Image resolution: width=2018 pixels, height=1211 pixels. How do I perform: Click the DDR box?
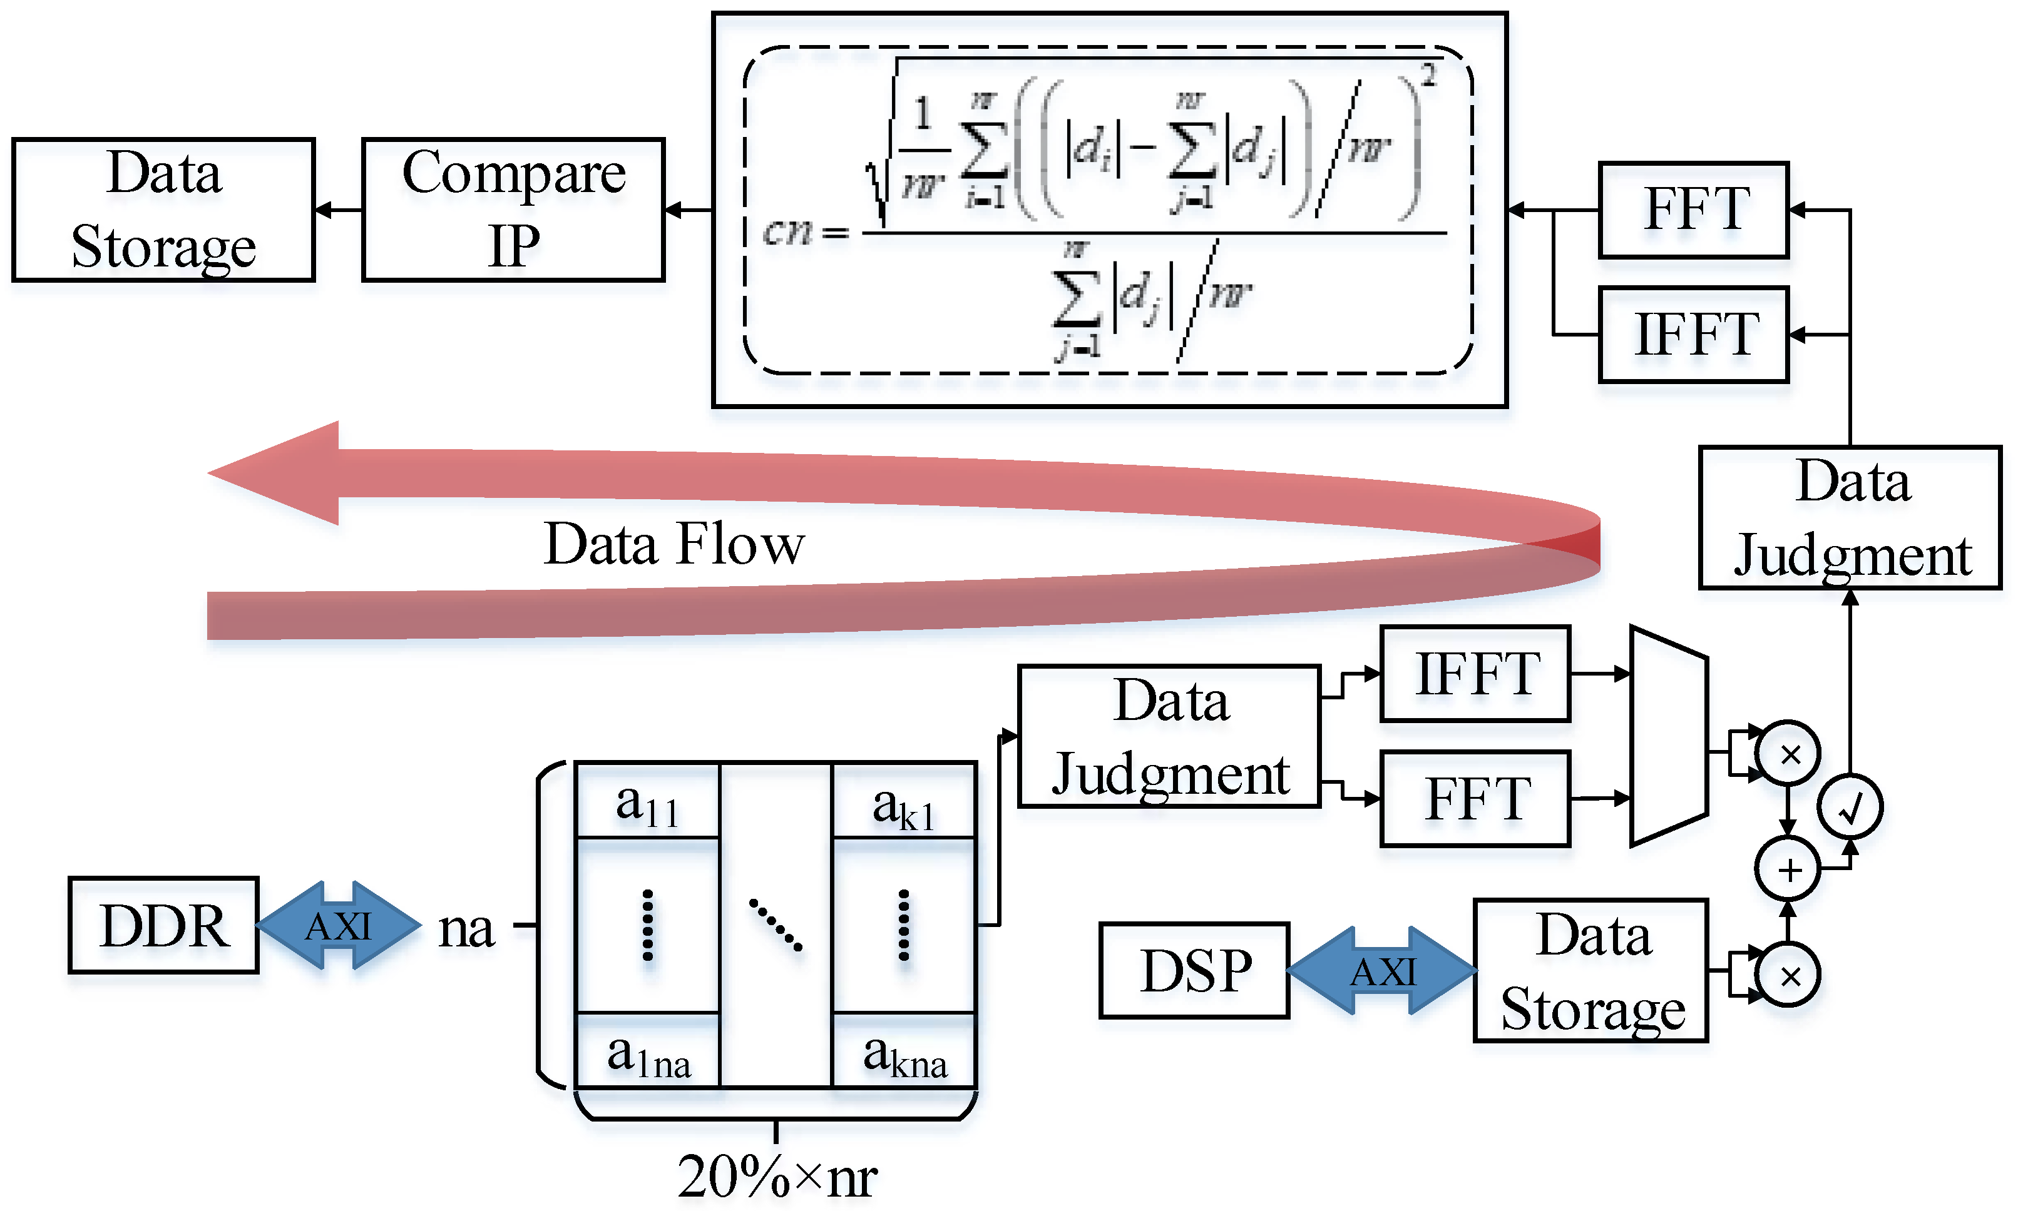tap(163, 925)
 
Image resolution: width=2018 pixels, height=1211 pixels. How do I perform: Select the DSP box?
tap(1194, 970)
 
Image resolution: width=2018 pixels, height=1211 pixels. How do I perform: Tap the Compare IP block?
tap(513, 210)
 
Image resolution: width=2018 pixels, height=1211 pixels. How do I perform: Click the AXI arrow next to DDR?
tap(338, 925)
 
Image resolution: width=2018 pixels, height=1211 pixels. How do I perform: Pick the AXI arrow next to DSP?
tap(1381, 970)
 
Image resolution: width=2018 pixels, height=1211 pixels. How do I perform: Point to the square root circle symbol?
tap(1849, 807)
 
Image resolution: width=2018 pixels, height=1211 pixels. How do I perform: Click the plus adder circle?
tap(1788, 870)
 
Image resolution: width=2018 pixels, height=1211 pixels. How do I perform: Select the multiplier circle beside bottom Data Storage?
tap(1788, 975)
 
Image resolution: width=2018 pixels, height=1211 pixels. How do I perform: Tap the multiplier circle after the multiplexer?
tap(1788, 754)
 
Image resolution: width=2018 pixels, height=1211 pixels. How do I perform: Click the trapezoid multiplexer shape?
tap(1667, 736)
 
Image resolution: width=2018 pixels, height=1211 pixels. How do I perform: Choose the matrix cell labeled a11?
tap(647, 801)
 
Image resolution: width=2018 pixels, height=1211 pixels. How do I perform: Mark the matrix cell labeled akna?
tap(904, 1053)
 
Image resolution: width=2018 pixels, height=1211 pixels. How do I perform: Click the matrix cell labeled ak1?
tap(904, 801)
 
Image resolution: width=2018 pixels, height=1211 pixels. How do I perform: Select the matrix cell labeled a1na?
tap(647, 1053)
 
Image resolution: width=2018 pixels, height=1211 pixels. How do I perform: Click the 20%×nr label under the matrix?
tap(776, 1177)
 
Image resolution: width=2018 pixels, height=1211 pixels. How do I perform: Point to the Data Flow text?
tap(674, 544)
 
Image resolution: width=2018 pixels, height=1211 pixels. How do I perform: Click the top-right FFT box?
tap(1693, 210)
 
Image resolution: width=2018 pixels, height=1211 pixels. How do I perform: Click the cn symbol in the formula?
tap(787, 232)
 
